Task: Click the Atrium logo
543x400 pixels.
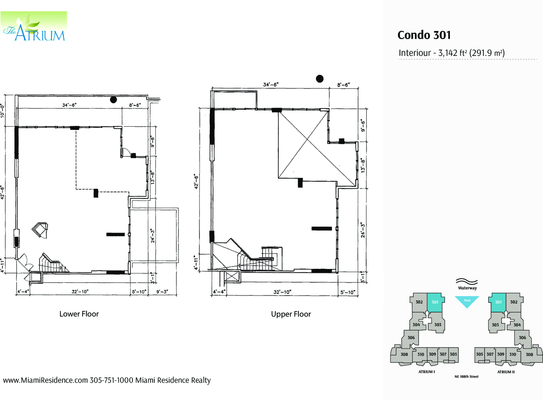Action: tap(34, 26)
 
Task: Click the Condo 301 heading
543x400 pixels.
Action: tap(424, 35)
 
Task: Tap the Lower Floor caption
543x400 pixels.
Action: tap(79, 314)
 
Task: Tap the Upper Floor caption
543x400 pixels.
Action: tap(291, 314)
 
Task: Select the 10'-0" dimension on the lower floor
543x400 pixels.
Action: tap(2, 111)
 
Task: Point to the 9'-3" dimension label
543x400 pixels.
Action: tap(162, 292)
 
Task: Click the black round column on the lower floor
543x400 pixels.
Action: tap(114, 100)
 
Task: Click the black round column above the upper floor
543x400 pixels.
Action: tap(320, 79)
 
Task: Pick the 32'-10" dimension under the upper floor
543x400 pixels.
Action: tap(282, 292)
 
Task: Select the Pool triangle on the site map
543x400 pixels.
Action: tap(467, 301)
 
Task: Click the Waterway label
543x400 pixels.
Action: tap(467, 288)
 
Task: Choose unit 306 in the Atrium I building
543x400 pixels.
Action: tap(410, 338)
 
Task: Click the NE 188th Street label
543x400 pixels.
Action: tap(466, 377)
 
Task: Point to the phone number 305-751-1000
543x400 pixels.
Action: tap(111, 380)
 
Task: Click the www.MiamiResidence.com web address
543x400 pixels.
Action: tap(46, 380)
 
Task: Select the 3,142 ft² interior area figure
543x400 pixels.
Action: tap(453, 53)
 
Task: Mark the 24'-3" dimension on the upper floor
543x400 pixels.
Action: tap(363, 230)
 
